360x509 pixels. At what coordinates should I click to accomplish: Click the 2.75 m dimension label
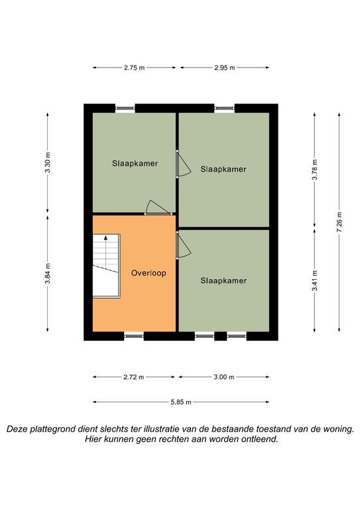click(x=134, y=68)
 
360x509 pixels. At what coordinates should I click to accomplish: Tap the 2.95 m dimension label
click(x=224, y=68)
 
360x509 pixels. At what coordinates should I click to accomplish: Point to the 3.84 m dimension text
click(x=48, y=273)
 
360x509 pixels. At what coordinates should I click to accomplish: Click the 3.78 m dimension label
click(x=314, y=169)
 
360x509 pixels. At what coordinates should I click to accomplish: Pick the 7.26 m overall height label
click(x=339, y=222)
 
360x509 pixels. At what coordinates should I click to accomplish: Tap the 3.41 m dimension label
click(x=314, y=280)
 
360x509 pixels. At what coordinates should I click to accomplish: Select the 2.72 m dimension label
click(x=134, y=377)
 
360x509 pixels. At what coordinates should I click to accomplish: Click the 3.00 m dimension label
click(x=223, y=377)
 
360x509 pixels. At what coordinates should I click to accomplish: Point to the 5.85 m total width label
click(x=181, y=402)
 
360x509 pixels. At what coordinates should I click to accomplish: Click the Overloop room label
click(x=149, y=273)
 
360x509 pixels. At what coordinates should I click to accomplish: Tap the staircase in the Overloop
click(x=106, y=266)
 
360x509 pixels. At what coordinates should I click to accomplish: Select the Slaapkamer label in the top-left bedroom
click(x=135, y=163)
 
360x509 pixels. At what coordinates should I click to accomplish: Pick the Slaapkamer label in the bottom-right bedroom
click(x=223, y=281)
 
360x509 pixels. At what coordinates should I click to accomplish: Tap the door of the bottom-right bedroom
click(x=184, y=245)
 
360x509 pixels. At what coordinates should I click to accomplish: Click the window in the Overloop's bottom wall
click(x=134, y=336)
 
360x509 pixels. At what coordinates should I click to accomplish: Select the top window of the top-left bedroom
click(x=125, y=109)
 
